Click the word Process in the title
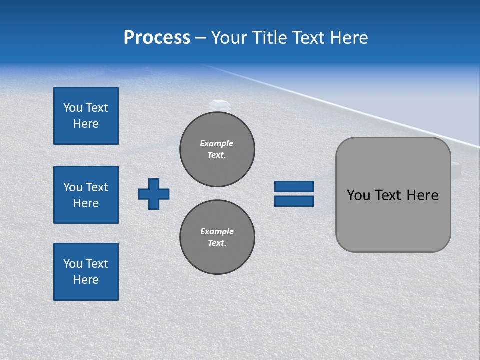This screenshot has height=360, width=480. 157,38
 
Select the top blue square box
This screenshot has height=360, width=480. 86,116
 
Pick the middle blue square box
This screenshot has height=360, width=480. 86,195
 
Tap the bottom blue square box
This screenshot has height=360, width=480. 86,272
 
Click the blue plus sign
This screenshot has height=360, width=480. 154,194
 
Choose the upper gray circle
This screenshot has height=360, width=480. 217,149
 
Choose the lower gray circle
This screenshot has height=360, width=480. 217,237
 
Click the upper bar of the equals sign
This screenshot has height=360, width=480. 294,187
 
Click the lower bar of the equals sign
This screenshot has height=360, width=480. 294,201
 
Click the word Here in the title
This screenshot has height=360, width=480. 350,38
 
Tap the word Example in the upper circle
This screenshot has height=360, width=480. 216,143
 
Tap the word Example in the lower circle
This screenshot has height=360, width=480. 217,231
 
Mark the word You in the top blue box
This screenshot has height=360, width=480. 73,108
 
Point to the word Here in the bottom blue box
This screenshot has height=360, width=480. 86,280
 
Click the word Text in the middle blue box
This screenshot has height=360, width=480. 96,187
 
